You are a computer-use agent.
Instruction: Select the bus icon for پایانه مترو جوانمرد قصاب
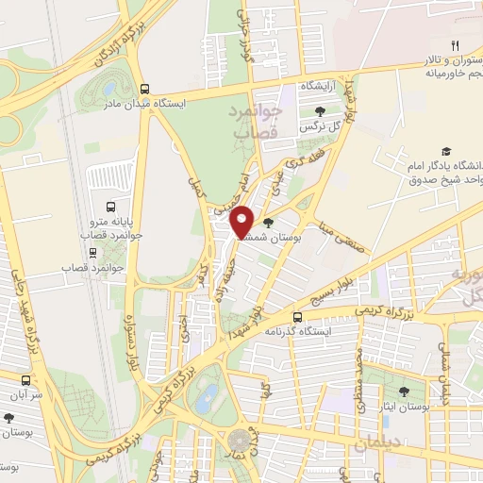111,207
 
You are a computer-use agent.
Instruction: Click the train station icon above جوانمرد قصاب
92,252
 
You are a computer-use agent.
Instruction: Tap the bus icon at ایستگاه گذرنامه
298,317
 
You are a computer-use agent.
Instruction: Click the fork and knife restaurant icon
455,45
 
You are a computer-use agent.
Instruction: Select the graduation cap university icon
445,152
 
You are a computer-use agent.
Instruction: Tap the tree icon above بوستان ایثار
403,391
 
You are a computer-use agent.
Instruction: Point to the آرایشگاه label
318,86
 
